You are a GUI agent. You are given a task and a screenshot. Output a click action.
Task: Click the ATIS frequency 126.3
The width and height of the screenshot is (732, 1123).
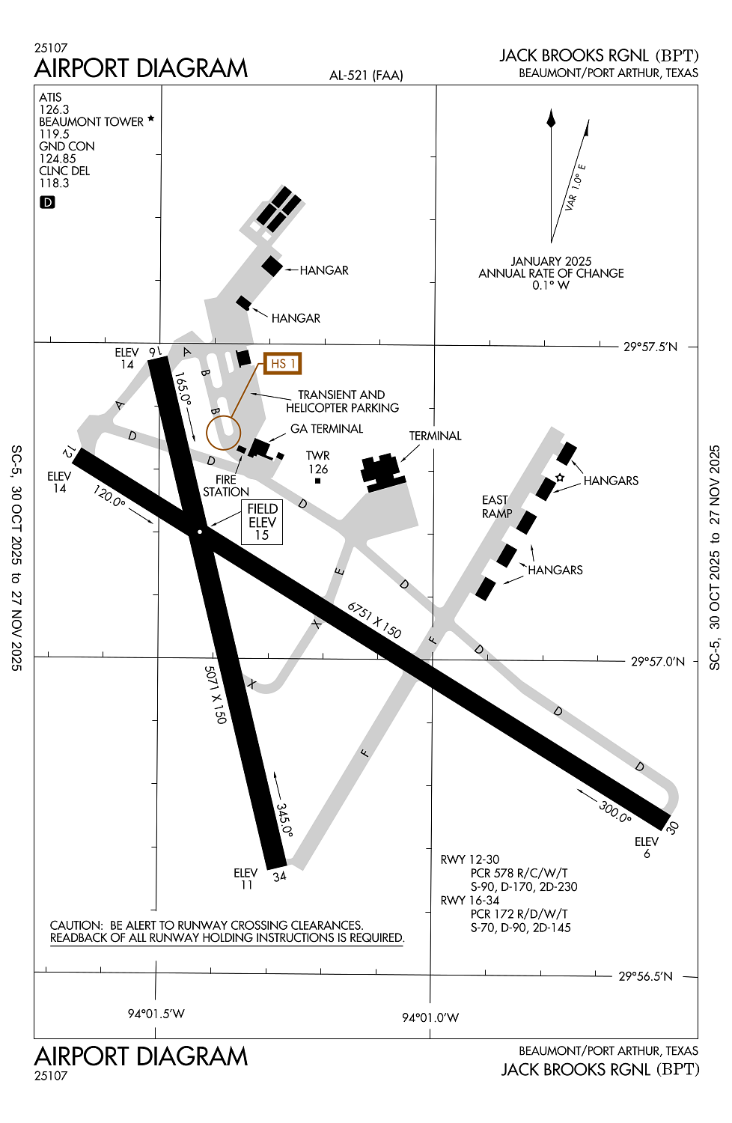(54, 109)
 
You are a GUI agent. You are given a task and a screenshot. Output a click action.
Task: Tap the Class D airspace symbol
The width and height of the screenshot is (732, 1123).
(47, 202)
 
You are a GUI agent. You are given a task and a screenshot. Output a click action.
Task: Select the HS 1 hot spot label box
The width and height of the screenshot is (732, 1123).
(283, 364)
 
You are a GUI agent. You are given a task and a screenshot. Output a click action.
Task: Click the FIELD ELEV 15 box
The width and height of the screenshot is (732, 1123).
(262, 522)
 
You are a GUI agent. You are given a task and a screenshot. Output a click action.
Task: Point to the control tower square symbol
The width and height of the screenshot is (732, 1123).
(317, 481)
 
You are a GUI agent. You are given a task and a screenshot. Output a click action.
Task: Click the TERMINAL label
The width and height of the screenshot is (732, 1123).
(435, 436)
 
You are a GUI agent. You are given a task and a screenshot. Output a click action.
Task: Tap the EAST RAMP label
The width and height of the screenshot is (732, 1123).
(496, 507)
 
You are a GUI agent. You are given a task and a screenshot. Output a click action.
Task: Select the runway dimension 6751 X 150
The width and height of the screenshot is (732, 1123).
(374, 620)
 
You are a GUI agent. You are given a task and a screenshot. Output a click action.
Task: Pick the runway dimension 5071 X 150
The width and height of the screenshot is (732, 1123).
(215, 695)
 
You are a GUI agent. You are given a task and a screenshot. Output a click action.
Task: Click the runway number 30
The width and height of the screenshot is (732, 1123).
(672, 827)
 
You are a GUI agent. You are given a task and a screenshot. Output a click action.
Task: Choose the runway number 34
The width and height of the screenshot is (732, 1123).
(279, 877)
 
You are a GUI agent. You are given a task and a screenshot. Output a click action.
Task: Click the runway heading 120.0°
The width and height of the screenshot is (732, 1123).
(109, 496)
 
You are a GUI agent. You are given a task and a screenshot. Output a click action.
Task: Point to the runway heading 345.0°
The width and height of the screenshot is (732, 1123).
(284, 820)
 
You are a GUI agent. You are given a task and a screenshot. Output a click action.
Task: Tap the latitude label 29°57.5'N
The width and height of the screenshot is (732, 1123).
(650, 347)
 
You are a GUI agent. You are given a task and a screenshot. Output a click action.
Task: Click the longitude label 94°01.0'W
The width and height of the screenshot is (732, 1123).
(430, 1017)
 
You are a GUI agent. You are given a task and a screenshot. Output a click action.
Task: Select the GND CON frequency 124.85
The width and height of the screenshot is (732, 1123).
(58, 159)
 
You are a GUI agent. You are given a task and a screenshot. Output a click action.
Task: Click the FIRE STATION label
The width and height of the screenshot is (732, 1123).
(225, 486)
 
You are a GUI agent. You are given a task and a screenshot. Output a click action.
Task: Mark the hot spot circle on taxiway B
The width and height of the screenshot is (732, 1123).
(223, 433)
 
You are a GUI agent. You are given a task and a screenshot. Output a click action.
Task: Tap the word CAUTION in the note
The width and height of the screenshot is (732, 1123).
(76, 925)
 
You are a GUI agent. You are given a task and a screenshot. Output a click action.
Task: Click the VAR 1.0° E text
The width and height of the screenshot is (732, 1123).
(575, 187)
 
